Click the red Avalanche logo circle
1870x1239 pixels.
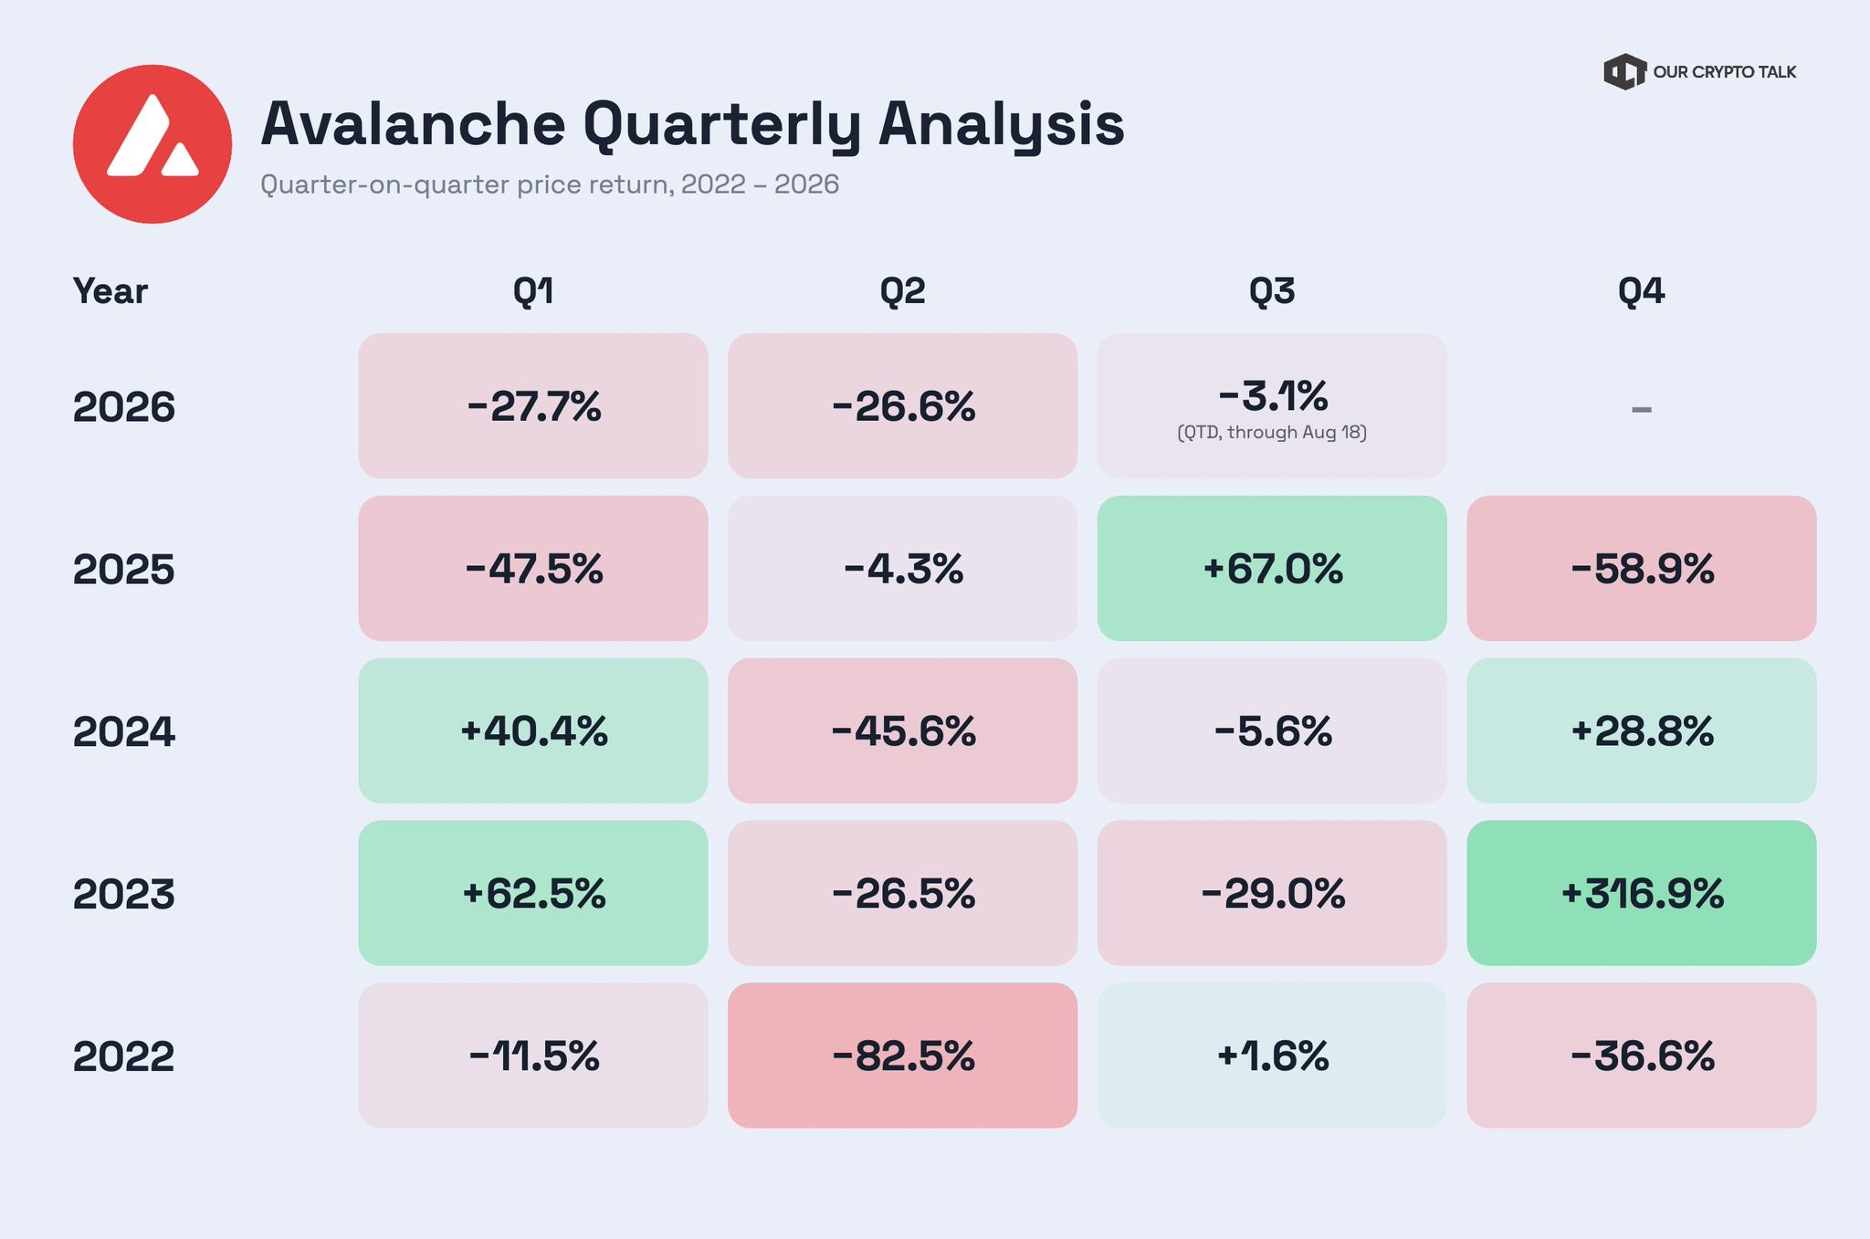click(152, 144)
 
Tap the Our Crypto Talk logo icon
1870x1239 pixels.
click(1624, 72)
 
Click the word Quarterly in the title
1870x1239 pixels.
click(721, 126)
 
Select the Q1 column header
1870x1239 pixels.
click(533, 291)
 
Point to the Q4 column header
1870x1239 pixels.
click(1641, 291)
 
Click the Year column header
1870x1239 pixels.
click(110, 291)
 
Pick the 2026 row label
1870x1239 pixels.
click(123, 406)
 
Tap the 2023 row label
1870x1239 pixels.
click(123, 894)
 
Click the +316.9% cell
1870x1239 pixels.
click(1641, 893)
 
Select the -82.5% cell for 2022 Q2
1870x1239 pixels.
click(902, 1055)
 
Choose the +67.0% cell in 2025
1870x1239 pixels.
click(1272, 568)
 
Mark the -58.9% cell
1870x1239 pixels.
click(1641, 568)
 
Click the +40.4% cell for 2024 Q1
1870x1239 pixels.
click(533, 730)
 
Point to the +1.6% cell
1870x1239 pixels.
click(1272, 1055)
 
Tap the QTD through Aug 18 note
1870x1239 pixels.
click(1272, 432)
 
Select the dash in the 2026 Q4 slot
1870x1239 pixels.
click(1641, 409)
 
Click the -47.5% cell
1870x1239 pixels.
click(533, 568)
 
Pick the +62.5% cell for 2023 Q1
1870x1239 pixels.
click(533, 893)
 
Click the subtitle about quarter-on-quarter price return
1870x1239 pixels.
click(550, 184)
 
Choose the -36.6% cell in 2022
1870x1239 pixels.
click(1641, 1055)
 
